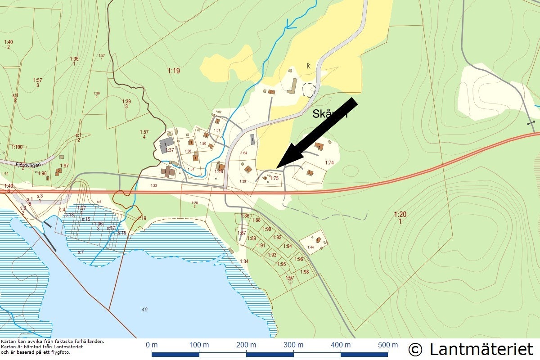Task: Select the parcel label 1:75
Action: (274, 179)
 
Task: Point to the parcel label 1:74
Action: (329, 162)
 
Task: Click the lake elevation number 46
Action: (144, 309)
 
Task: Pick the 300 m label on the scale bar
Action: (293, 345)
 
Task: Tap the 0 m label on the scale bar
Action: (152, 345)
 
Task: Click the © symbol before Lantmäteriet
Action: (415, 349)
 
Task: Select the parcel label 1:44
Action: (310, 247)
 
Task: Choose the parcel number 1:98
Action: (305, 272)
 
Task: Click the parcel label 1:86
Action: (245, 216)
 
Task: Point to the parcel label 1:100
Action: (17, 147)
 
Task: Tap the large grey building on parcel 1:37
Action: (165, 145)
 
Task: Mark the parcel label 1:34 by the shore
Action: (244, 261)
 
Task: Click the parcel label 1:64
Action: (244, 153)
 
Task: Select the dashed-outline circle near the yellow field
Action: (309, 90)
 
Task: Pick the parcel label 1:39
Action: (126, 102)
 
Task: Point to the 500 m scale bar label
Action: (387, 345)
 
